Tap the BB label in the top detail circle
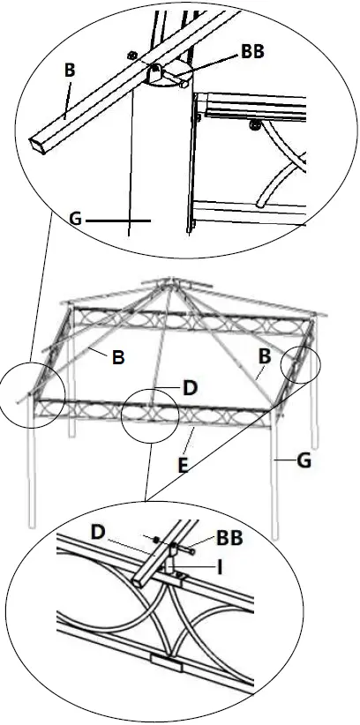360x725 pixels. (x=252, y=52)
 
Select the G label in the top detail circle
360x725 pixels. (x=75, y=216)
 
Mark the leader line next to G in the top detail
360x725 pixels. (x=119, y=217)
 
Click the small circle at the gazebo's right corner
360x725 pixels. (x=301, y=364)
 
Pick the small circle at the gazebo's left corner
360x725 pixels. (x=33, y=394)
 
